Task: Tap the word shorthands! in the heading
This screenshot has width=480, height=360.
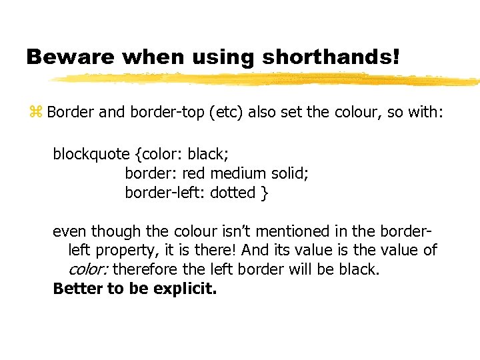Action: tap(331, 57)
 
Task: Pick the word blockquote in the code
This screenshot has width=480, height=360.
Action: tap(91, 155)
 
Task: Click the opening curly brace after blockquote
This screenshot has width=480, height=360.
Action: tap(138, 155)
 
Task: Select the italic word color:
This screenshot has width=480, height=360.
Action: tap(89, 271)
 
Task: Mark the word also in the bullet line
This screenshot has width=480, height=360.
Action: tap(263, 112)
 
